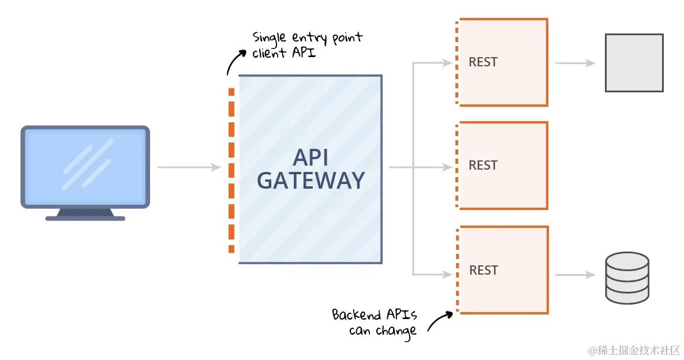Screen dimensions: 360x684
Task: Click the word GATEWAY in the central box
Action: [311, 181]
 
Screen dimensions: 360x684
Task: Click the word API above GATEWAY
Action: [311, 157]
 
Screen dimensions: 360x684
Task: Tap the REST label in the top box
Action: [483, 62]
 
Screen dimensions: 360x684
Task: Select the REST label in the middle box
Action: [483, 166]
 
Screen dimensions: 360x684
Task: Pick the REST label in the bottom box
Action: [483, 270]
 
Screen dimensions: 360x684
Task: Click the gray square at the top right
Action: [634, 62]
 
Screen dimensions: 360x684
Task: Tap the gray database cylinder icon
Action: [627, 278]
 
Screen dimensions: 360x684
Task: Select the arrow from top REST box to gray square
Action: [574, 63]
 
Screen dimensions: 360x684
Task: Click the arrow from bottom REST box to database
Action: [574, 275]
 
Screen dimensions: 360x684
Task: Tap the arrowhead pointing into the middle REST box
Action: [446, 167]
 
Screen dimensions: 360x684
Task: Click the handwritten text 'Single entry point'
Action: [307, 39]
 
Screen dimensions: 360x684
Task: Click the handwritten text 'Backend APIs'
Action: [374, 315]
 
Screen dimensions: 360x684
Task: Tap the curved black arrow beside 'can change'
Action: [440, 321]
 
